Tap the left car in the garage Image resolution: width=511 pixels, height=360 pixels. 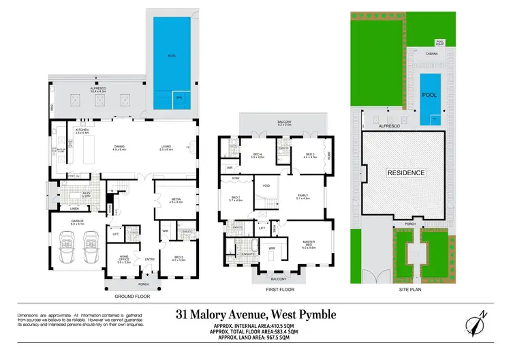pos(68,243)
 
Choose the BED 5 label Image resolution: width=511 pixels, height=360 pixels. pos(179,257)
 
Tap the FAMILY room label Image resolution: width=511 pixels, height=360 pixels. pos(303,196)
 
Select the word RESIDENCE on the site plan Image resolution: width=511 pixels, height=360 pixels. pos(406,172)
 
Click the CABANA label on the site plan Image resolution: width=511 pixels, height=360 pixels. pos(431,53)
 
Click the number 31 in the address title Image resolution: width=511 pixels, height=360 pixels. pos(183,314)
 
